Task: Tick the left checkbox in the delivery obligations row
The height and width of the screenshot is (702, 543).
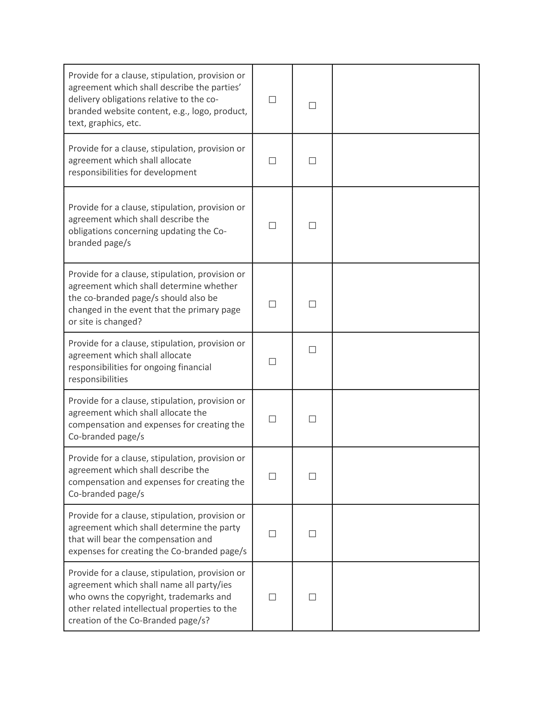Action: pyautogui.click(x=272, y=100)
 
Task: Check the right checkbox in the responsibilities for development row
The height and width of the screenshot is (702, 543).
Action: pyautogui.click(x=312, y=161)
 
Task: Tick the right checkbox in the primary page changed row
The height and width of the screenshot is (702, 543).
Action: pyautogui.click(x=312, y=304)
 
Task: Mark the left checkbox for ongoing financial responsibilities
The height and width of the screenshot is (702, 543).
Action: pyautogui.click(x=272, y=362)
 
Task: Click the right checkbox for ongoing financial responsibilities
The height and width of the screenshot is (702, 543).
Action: pyautogui.click(x=312, y=350)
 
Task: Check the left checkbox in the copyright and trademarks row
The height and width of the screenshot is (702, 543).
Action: pyautogui.click(x=272, y=597)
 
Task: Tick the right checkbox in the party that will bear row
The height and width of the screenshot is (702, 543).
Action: pyautogui.click(x=312, y=534)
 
